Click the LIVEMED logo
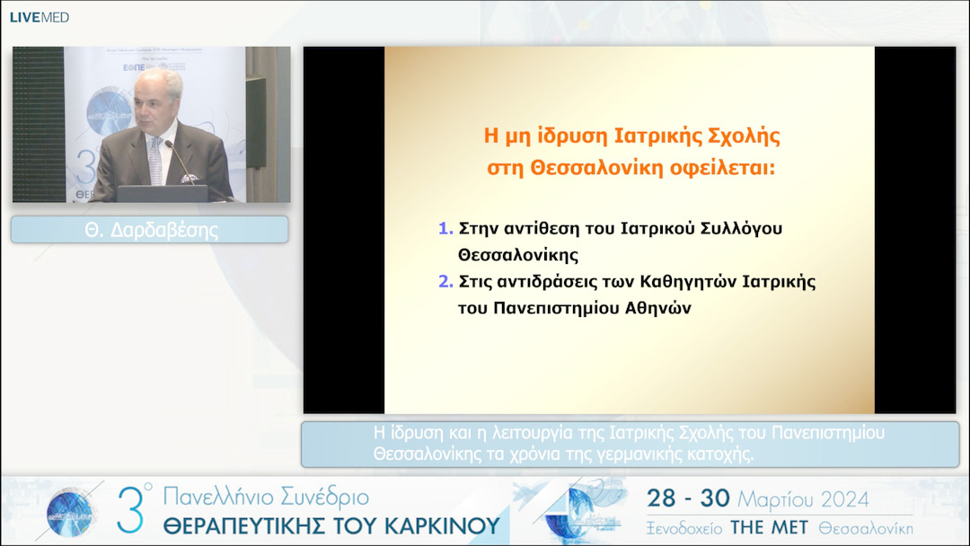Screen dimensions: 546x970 [x=39, y=17]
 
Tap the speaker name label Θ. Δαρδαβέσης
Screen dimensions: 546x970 [x=151, y=230]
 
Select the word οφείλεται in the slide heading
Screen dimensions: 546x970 [x=731, y=167]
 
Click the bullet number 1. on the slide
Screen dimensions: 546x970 [x=445, y=228]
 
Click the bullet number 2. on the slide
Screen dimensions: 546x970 [x=445, y=281]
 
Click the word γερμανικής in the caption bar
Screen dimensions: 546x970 [x=639, y=454]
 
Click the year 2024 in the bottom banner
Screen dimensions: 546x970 [x=837, y=499]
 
